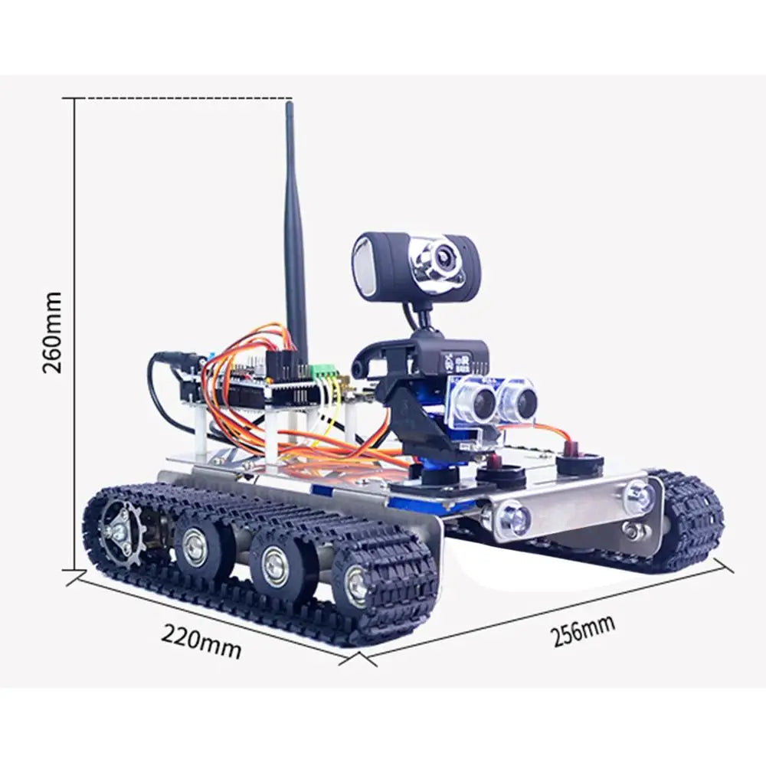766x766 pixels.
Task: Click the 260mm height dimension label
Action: click(52, 332)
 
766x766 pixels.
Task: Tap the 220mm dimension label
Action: click(201, 642)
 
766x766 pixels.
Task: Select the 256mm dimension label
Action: click(583, 631)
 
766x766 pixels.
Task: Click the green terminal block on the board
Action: click(325, 372)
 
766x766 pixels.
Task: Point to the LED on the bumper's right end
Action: click(637, 497)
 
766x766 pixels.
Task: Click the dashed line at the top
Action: click(184, 99)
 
